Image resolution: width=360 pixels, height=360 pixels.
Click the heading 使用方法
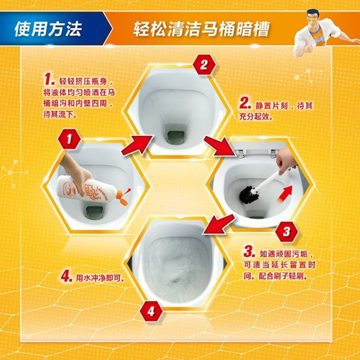48,28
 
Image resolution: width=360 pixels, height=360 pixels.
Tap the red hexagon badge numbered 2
204,65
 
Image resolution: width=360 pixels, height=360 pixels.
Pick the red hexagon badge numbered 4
150,311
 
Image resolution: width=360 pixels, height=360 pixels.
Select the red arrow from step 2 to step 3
219,146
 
